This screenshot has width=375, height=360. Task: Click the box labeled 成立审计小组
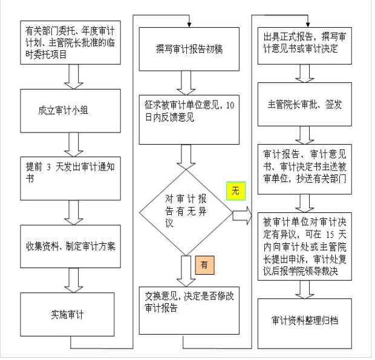click(70, 111)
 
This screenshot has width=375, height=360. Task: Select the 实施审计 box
click(67, 315)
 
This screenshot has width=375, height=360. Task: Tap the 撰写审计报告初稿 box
click(189, 49)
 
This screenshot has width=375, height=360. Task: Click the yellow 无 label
click(236, 191)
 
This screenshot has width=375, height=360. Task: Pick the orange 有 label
click(204, 265)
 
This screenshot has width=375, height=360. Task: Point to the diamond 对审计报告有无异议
click(186, 212)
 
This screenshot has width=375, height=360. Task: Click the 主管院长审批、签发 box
click(304, 104)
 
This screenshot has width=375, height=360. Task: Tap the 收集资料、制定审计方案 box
click(70, 246)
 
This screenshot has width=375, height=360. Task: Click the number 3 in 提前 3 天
click(48, 167)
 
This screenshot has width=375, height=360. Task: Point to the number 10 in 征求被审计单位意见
click(230, 105)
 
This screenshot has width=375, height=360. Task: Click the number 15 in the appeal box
click(330, 234)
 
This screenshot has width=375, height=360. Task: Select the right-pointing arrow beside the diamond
click(243, 216)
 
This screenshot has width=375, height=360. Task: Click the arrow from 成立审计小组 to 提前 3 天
click(74, 145)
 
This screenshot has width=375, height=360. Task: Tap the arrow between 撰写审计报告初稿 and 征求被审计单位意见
click(186, 83)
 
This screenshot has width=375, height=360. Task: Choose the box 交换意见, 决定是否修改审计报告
click(189, 310)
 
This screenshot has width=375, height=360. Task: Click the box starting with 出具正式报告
click(304, 46)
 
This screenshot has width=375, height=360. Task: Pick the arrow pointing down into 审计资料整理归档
click(304, 289)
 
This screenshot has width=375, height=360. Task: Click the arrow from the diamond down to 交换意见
click(186, 271)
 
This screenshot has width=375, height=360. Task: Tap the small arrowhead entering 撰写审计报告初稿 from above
click(189, 25)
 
